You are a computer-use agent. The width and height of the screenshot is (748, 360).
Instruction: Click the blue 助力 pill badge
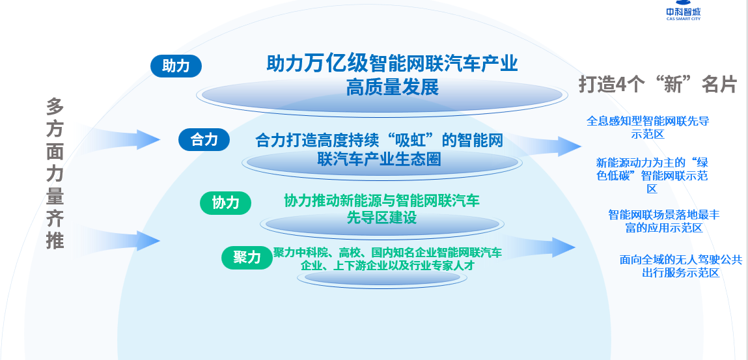(176, 66)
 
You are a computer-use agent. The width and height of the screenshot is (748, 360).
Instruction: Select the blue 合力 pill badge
(204, 140)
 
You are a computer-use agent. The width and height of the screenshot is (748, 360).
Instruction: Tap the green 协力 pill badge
(226, 203)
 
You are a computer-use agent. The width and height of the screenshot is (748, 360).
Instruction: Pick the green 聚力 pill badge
(247, 258)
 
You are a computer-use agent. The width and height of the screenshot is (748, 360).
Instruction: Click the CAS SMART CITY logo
(684, 10)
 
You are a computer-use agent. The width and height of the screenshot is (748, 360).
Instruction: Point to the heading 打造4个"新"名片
(658, 85)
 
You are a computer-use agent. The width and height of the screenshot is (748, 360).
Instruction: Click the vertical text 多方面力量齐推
(55, 174)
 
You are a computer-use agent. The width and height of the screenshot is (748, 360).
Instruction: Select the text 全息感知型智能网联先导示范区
(648, 128)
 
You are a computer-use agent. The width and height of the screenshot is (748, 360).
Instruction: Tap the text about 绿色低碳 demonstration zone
(652, 176)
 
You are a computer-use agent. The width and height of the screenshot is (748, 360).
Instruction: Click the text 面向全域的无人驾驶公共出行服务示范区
(681, 266)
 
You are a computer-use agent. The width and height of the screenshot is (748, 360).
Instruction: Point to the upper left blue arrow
(117, 139)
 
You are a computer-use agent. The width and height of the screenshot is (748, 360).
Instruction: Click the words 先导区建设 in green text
(381, 217)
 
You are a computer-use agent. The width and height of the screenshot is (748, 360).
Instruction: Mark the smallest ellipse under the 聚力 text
(382, 278)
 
